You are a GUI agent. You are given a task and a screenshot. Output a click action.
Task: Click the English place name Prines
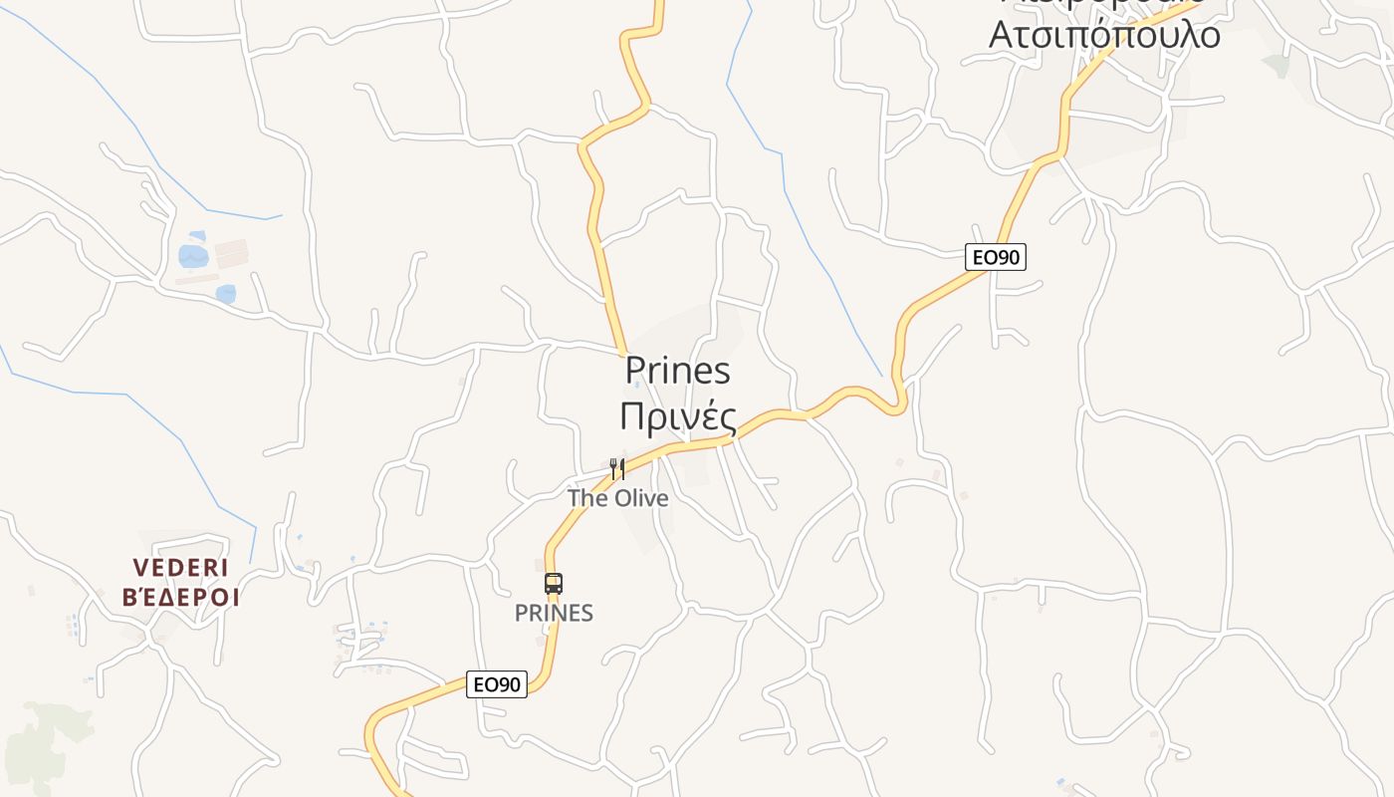(x=677, y=372)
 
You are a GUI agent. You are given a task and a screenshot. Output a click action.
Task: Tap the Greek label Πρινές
(x=677, y=416)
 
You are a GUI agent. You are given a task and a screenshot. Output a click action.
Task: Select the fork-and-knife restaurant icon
(x=617, y=467)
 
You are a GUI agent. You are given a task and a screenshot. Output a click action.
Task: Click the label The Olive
(x=617, y=497)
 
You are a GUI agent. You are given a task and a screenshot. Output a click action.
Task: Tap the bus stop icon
(x=554, y=584)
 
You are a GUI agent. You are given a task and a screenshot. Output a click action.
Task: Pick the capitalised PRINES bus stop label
(x=554, y=614)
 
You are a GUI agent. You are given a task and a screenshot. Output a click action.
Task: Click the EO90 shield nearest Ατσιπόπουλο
(x=995, y=257)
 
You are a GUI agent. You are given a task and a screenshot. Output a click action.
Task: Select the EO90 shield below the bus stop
(x=496, y=684)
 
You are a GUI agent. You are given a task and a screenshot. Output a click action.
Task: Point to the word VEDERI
(x=181, y=568)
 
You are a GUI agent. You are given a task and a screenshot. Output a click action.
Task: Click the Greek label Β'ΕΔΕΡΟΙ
(x=181, y=598)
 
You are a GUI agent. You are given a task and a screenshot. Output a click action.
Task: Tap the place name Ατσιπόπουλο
(x=1103, y=34)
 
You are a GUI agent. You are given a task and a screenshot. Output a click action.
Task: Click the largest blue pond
(x=193, y=256)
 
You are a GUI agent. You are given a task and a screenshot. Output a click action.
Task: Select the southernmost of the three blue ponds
(x=226, y=294)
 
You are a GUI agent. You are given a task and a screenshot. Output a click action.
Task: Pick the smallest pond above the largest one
(x=197, y=236)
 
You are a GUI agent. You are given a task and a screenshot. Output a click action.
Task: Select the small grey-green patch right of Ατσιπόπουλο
(x=1276, y=65)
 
